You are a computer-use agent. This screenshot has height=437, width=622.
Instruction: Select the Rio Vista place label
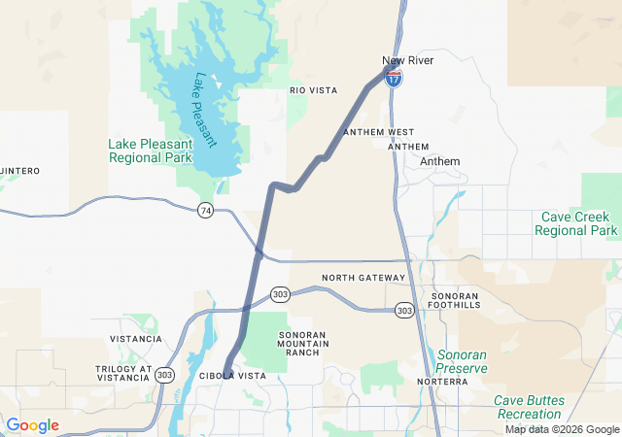[313, 90]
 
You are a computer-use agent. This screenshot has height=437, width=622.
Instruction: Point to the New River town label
[407, 61]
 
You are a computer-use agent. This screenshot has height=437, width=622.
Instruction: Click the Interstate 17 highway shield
[394, 80]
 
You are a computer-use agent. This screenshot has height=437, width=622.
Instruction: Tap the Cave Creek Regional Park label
[575, 223]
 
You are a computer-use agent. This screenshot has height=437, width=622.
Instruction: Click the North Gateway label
[363, 278]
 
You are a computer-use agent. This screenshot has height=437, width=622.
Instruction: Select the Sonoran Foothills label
[455, 299]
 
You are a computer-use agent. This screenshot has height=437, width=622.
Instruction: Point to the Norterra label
[442, 382]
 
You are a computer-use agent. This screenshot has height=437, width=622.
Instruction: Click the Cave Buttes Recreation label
[541, 407]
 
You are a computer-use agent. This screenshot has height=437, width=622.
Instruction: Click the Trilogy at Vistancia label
[123, 375]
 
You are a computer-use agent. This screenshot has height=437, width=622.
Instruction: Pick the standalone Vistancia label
[136, 339]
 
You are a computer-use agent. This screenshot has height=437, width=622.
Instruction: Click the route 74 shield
[205, 210]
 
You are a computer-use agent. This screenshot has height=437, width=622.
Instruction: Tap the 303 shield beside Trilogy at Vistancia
[164, 374]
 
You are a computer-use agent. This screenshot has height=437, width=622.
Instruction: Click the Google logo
[32, 425]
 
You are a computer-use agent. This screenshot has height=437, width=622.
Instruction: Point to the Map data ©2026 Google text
[562, 430]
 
